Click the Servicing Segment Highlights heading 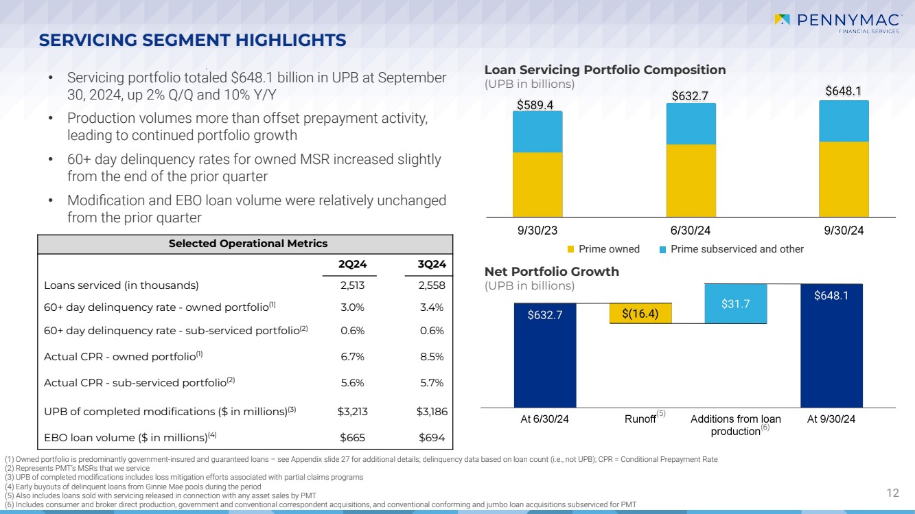coord(192,40)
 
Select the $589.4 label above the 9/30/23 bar coord(535,104)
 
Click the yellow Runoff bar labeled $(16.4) coord(640,314)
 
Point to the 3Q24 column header coord(432,264)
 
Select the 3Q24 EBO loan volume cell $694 coord(432,437)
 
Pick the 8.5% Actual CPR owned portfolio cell coord(432,357)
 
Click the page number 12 coord(893,493)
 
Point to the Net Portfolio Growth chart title coord(552,272)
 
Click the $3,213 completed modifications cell coord(352,412)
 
